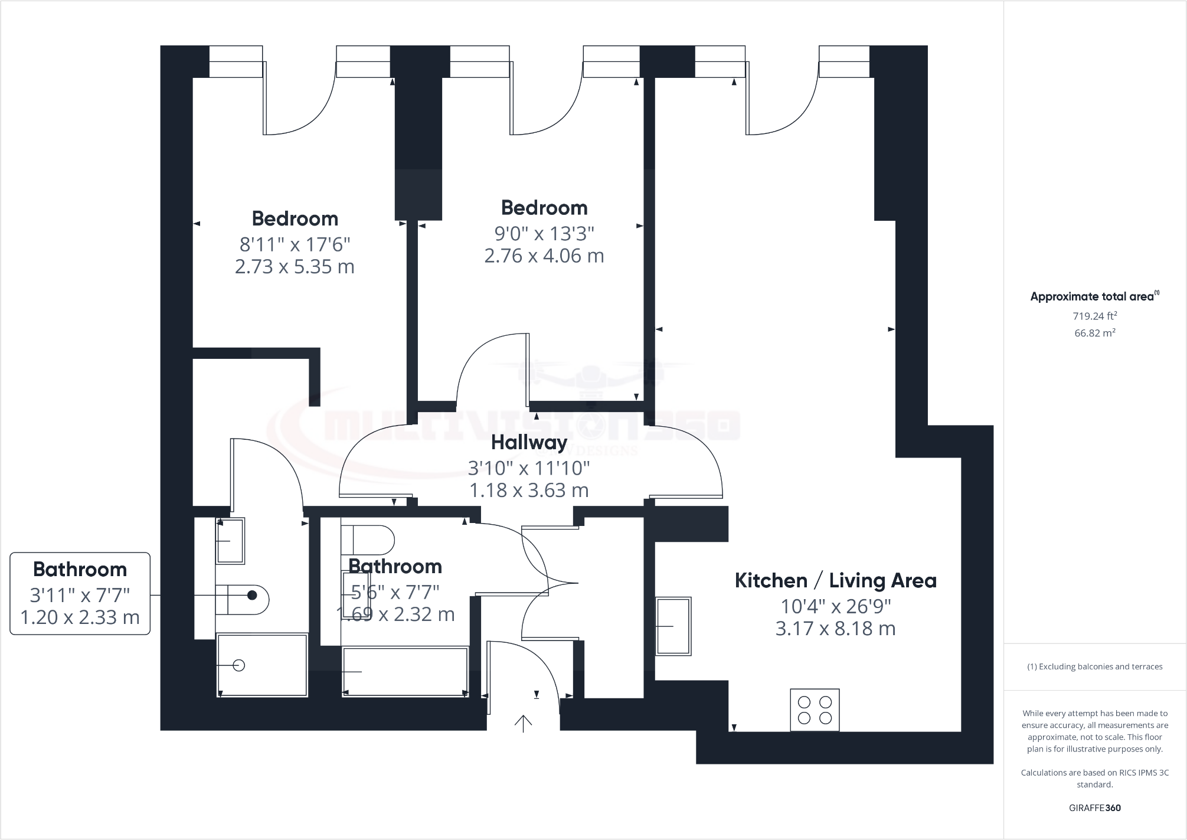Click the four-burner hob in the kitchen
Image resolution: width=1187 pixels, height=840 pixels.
(815, 710)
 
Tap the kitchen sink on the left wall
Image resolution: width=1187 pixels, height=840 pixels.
(673, 626)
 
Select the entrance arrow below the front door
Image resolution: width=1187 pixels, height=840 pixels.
(523, 723)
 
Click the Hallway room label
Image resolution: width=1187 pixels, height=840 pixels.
(529, 442)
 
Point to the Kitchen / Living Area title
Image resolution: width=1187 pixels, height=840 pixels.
(835, 581)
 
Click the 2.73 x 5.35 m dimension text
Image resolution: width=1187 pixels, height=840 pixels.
(295, 267)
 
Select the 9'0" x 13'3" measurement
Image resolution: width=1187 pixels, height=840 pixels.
(544, 234)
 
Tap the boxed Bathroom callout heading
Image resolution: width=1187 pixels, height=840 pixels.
(80, 570)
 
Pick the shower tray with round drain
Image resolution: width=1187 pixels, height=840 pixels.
(262, 665)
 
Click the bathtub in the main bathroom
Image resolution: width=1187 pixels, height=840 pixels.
(405, 672)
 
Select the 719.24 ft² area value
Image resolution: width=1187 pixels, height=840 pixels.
(1094, 316)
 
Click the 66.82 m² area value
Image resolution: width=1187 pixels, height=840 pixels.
(1094, 333)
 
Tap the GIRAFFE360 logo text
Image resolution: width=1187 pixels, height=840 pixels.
(1094, 808)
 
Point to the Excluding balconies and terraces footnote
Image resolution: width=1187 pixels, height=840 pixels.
(1094, 666)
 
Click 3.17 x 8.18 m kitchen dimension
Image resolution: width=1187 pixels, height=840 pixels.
(835, 629)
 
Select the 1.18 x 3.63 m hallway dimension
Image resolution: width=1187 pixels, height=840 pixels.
(529, 491)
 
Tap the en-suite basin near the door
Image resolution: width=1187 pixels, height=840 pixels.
(230, 541)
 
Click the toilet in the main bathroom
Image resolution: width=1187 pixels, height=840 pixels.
(367, 539)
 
